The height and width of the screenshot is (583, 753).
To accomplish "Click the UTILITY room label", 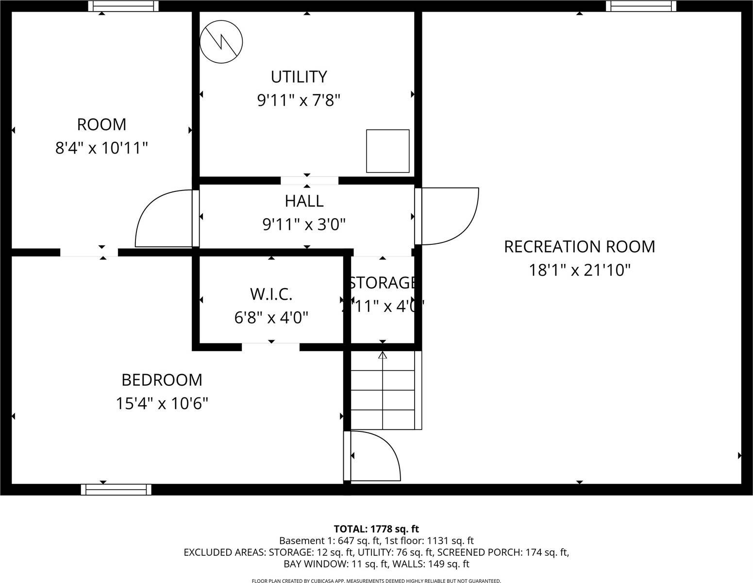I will (299, 77).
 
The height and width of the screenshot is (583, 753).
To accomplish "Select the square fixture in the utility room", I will (387, 151).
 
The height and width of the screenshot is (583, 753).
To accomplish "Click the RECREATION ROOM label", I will (579, 247).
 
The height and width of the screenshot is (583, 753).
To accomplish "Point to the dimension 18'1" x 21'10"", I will (579, 270).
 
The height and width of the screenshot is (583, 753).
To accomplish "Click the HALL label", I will (304, 201).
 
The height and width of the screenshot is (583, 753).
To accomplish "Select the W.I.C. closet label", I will (271, 294).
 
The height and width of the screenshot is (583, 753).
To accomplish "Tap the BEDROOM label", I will (162, 380).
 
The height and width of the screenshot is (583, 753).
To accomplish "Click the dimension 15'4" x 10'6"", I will (162, 403).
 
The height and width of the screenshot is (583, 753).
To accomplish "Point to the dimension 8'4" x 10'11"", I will (101, 148).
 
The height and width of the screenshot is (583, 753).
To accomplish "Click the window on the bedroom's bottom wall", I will (116, 489).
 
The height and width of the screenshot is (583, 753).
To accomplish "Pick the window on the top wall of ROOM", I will (123, 6).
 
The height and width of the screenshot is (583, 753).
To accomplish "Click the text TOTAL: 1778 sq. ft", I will (376, 529).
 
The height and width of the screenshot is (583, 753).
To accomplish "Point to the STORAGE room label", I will (383, 283).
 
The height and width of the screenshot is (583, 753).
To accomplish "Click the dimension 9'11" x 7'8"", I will (299, 101).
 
